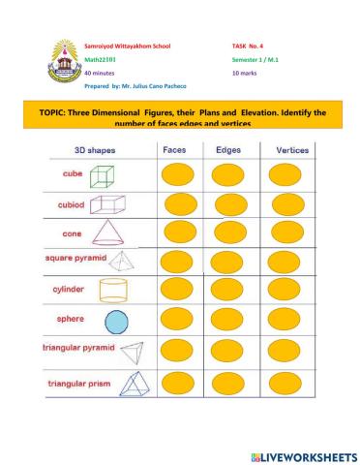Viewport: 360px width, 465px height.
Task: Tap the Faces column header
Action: [177, 150]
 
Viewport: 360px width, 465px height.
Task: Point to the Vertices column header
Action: [292, 150]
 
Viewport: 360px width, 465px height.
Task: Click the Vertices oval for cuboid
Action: [291, 203]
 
